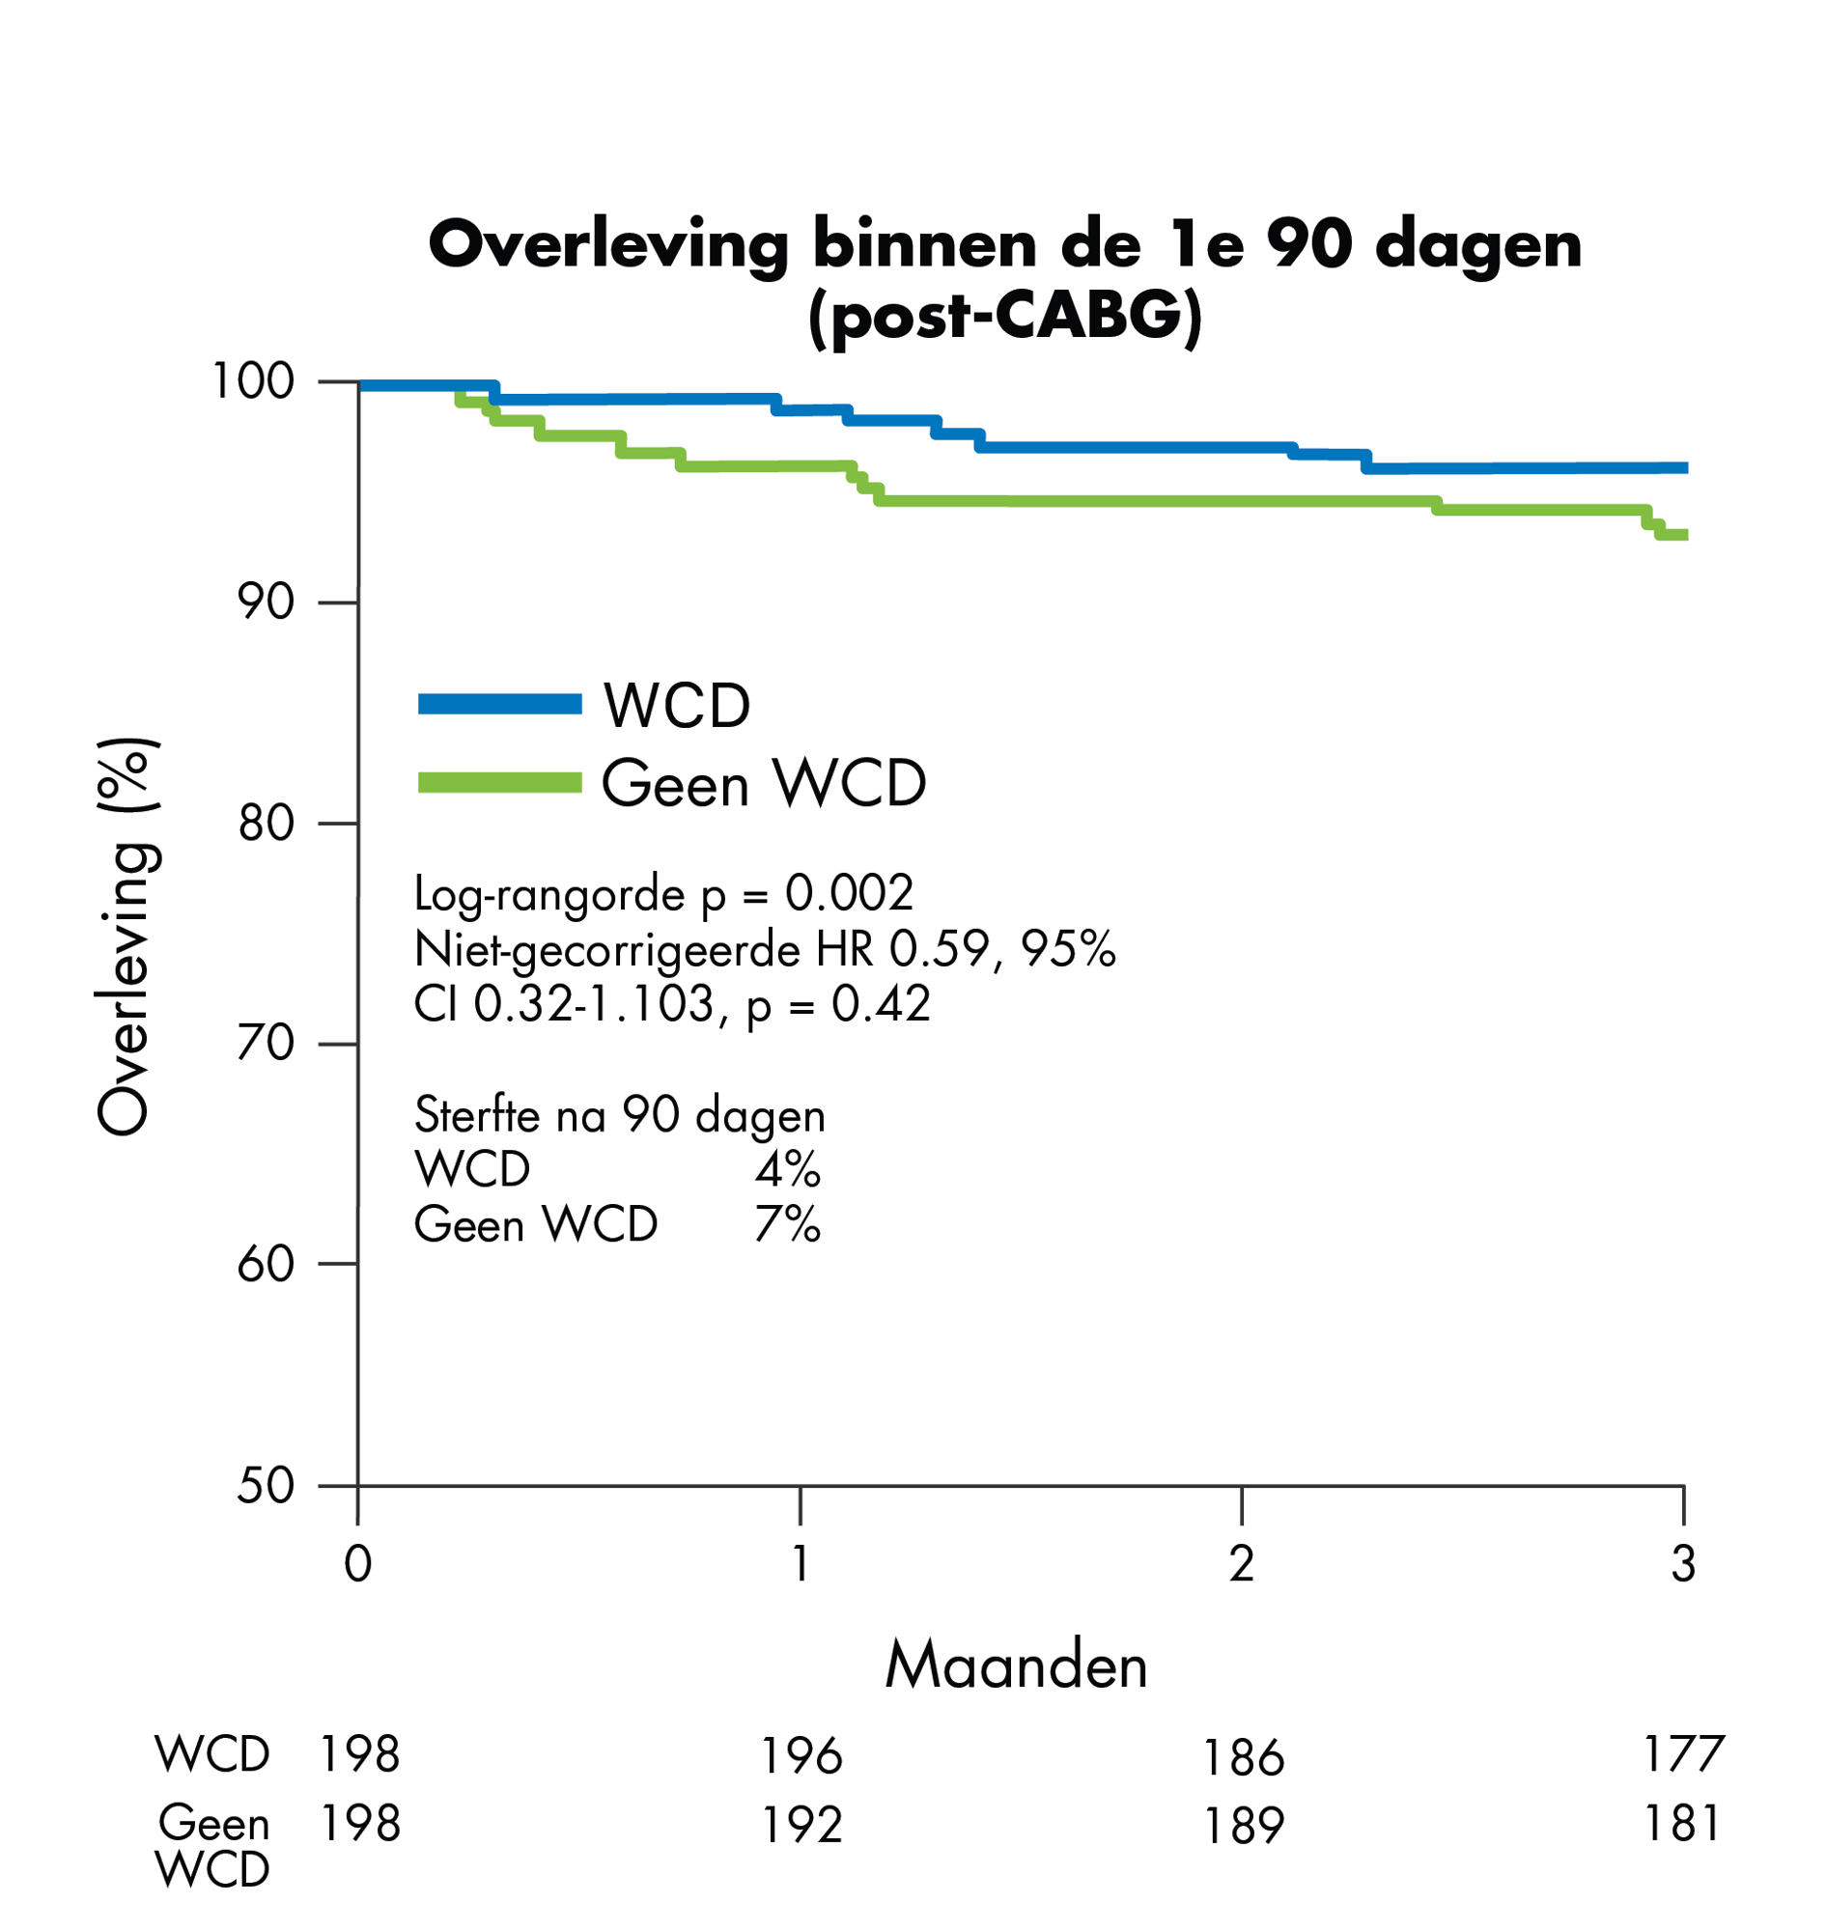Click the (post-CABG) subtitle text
click(1004, 318)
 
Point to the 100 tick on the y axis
click(252, 381)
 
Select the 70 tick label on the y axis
click(265, 1043)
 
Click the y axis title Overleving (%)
click(124, 936)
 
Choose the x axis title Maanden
click(1016, 1666)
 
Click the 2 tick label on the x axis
click(1241, 1564)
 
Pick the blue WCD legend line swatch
click(499, 704)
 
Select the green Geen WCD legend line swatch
click(499, 782)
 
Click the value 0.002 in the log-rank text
click(849, 893)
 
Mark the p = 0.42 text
click(838, 1004)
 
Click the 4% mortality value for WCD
click(787, 1168)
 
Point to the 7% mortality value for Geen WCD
click(787, 1224)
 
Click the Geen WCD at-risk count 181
click(1682, 1823)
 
